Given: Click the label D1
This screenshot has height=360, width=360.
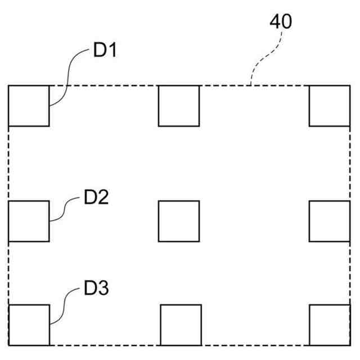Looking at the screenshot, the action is click(x=105, y=51).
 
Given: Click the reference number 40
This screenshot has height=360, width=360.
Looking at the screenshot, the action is click(x=281, y=22).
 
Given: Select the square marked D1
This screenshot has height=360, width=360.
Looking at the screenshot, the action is click(x=29, y=106).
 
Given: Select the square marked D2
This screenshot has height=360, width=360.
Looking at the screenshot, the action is click(x=29, y=221).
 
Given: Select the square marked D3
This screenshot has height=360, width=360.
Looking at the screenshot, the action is click(x=29, y=325).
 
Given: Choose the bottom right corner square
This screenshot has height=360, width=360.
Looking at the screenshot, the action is click(x=330, y=325).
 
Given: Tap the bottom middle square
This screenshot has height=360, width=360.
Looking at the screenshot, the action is click(x=181, y=325).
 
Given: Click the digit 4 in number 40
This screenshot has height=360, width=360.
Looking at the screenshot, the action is click(x=275, y=22).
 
